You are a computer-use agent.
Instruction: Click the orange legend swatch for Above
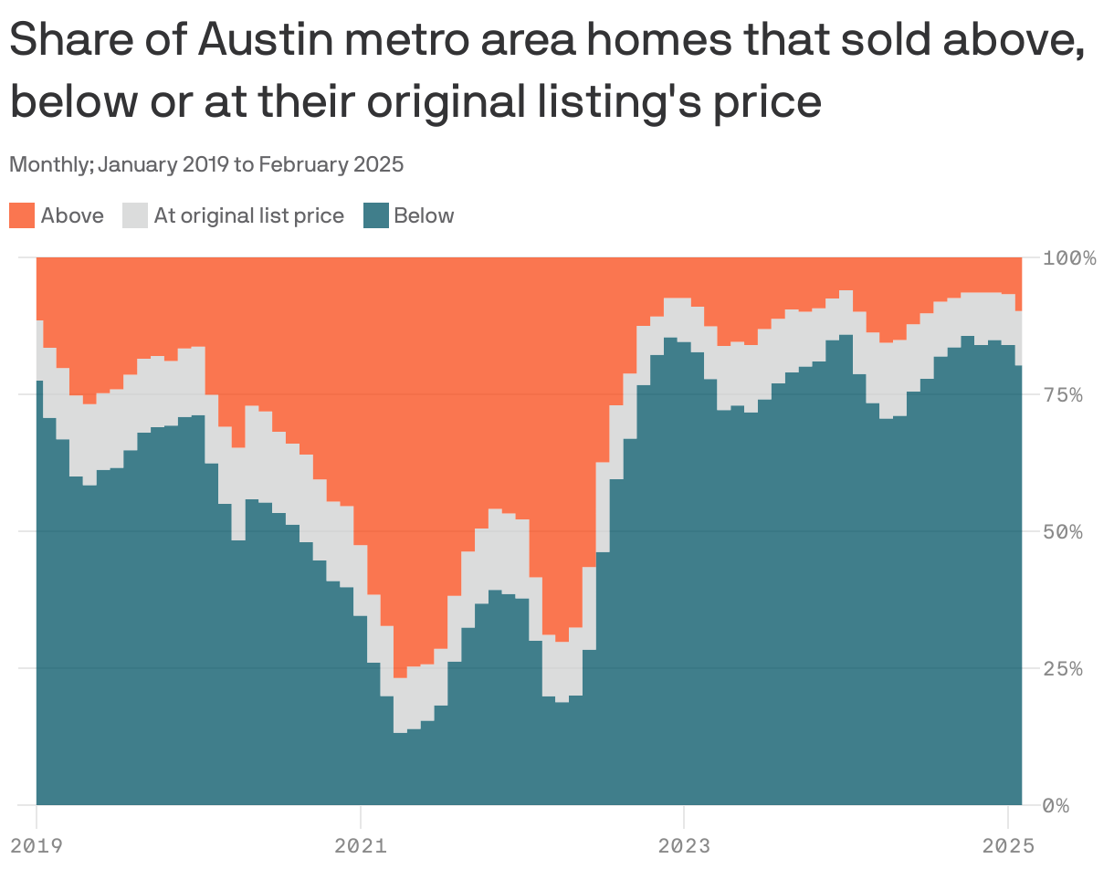[x=22, y=215]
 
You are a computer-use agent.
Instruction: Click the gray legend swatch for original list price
[x=134, y=215]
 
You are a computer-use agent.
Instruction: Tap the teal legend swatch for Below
[x=376, y=215]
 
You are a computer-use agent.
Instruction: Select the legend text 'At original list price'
[x=248, y=215]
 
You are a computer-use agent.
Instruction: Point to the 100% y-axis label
[x=1069, y=257]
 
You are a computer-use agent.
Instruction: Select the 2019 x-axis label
[x=36, y=845]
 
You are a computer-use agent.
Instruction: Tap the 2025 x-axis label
[x=1007, y=845]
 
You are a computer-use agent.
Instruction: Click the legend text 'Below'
[x=424, y=215]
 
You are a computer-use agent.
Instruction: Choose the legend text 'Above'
[x=72, y=215]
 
